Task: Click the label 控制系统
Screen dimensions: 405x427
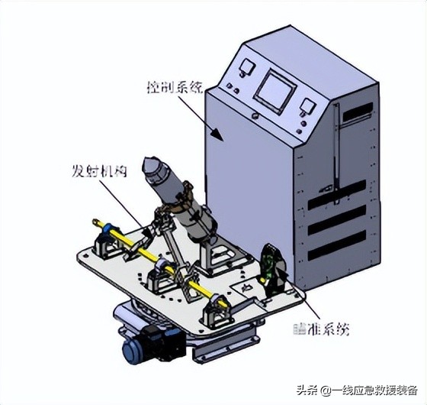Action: point(175,88)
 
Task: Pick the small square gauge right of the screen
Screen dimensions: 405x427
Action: point(307,106)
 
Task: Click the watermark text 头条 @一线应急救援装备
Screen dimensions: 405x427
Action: point(362,390)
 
